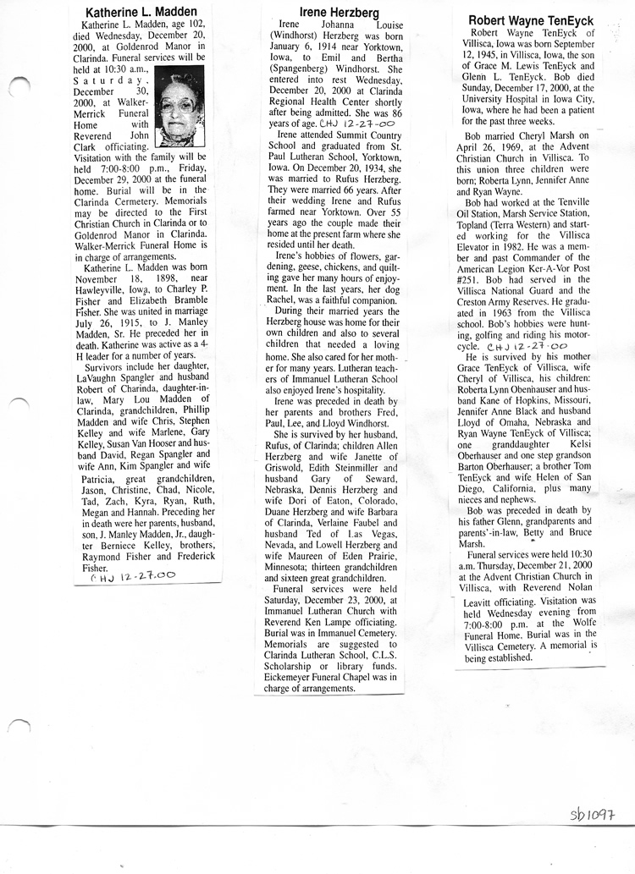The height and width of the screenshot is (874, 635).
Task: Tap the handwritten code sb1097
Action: click(592, 815)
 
